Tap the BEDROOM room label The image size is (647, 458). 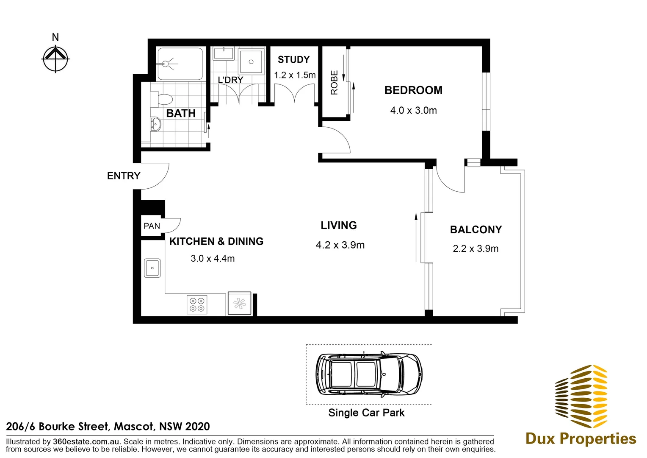tap(413, 90)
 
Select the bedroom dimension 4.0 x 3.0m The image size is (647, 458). tap(413, 110)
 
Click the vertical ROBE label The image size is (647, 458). tap(335, 83)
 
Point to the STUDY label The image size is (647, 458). tap(293, 60)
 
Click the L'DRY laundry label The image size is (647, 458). tap(230, 80)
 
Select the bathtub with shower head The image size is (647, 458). tap(180, 64)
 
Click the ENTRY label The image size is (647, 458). tap(124, 176)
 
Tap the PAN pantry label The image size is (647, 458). tap(152, 226)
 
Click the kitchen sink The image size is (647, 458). tap(152, 268)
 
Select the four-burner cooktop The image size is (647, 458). tap(197, 304)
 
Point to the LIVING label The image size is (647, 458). tap(339, 225)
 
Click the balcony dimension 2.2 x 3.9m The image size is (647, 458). tap(476, 249)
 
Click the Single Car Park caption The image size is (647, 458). tap(366, 413)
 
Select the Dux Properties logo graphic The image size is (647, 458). tap(581, 397)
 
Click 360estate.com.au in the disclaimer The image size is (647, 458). tap(86, 441)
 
